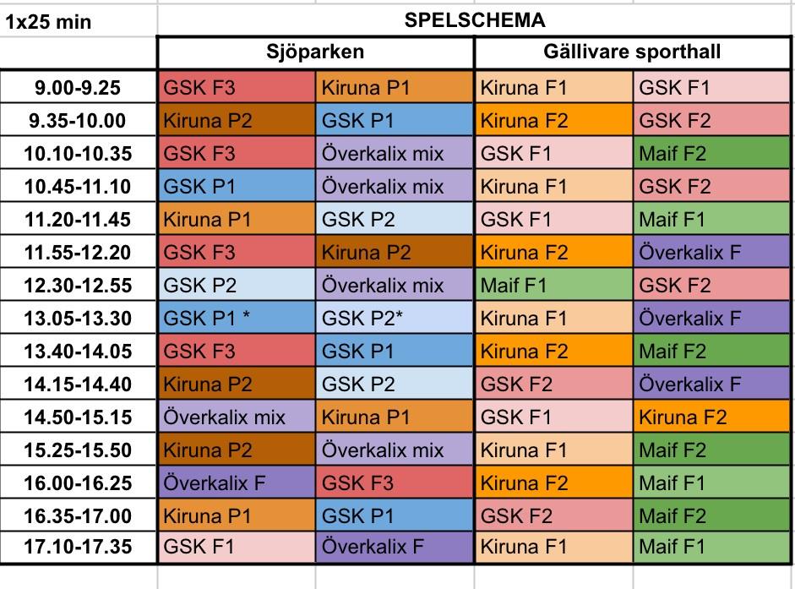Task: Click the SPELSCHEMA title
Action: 475,20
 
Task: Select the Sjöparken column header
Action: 315,52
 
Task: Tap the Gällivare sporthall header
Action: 632,52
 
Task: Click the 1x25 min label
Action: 49,21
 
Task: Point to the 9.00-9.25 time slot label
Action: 79,87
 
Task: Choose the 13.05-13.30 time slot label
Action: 79,318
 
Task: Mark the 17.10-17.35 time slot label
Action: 79,548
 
